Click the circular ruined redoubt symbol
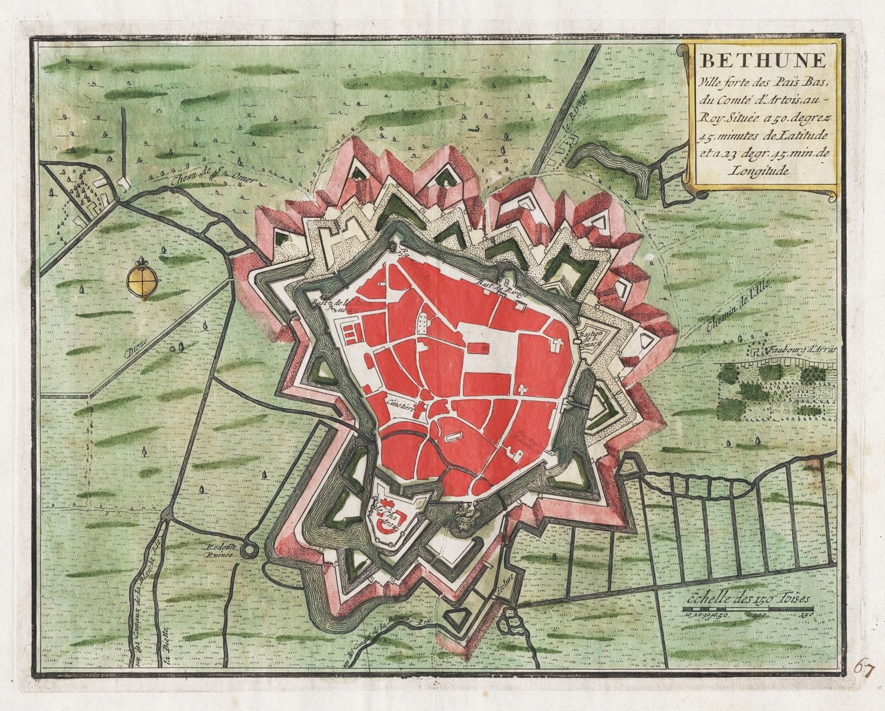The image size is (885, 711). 247,550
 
